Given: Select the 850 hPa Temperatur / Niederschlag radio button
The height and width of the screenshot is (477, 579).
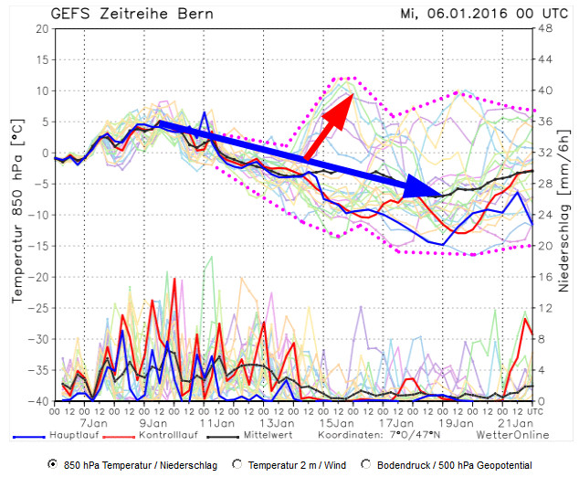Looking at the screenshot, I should point(53,464).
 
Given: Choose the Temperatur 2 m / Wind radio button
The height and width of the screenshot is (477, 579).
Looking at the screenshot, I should point(239,464).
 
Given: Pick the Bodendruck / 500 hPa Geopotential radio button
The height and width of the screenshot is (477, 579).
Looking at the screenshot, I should point(367,464).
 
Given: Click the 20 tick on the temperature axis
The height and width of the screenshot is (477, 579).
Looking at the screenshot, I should point(42,28).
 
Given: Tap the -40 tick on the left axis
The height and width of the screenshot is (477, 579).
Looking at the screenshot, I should point(38,401).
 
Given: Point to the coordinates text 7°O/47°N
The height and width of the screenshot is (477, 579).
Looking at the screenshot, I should point(416,436).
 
